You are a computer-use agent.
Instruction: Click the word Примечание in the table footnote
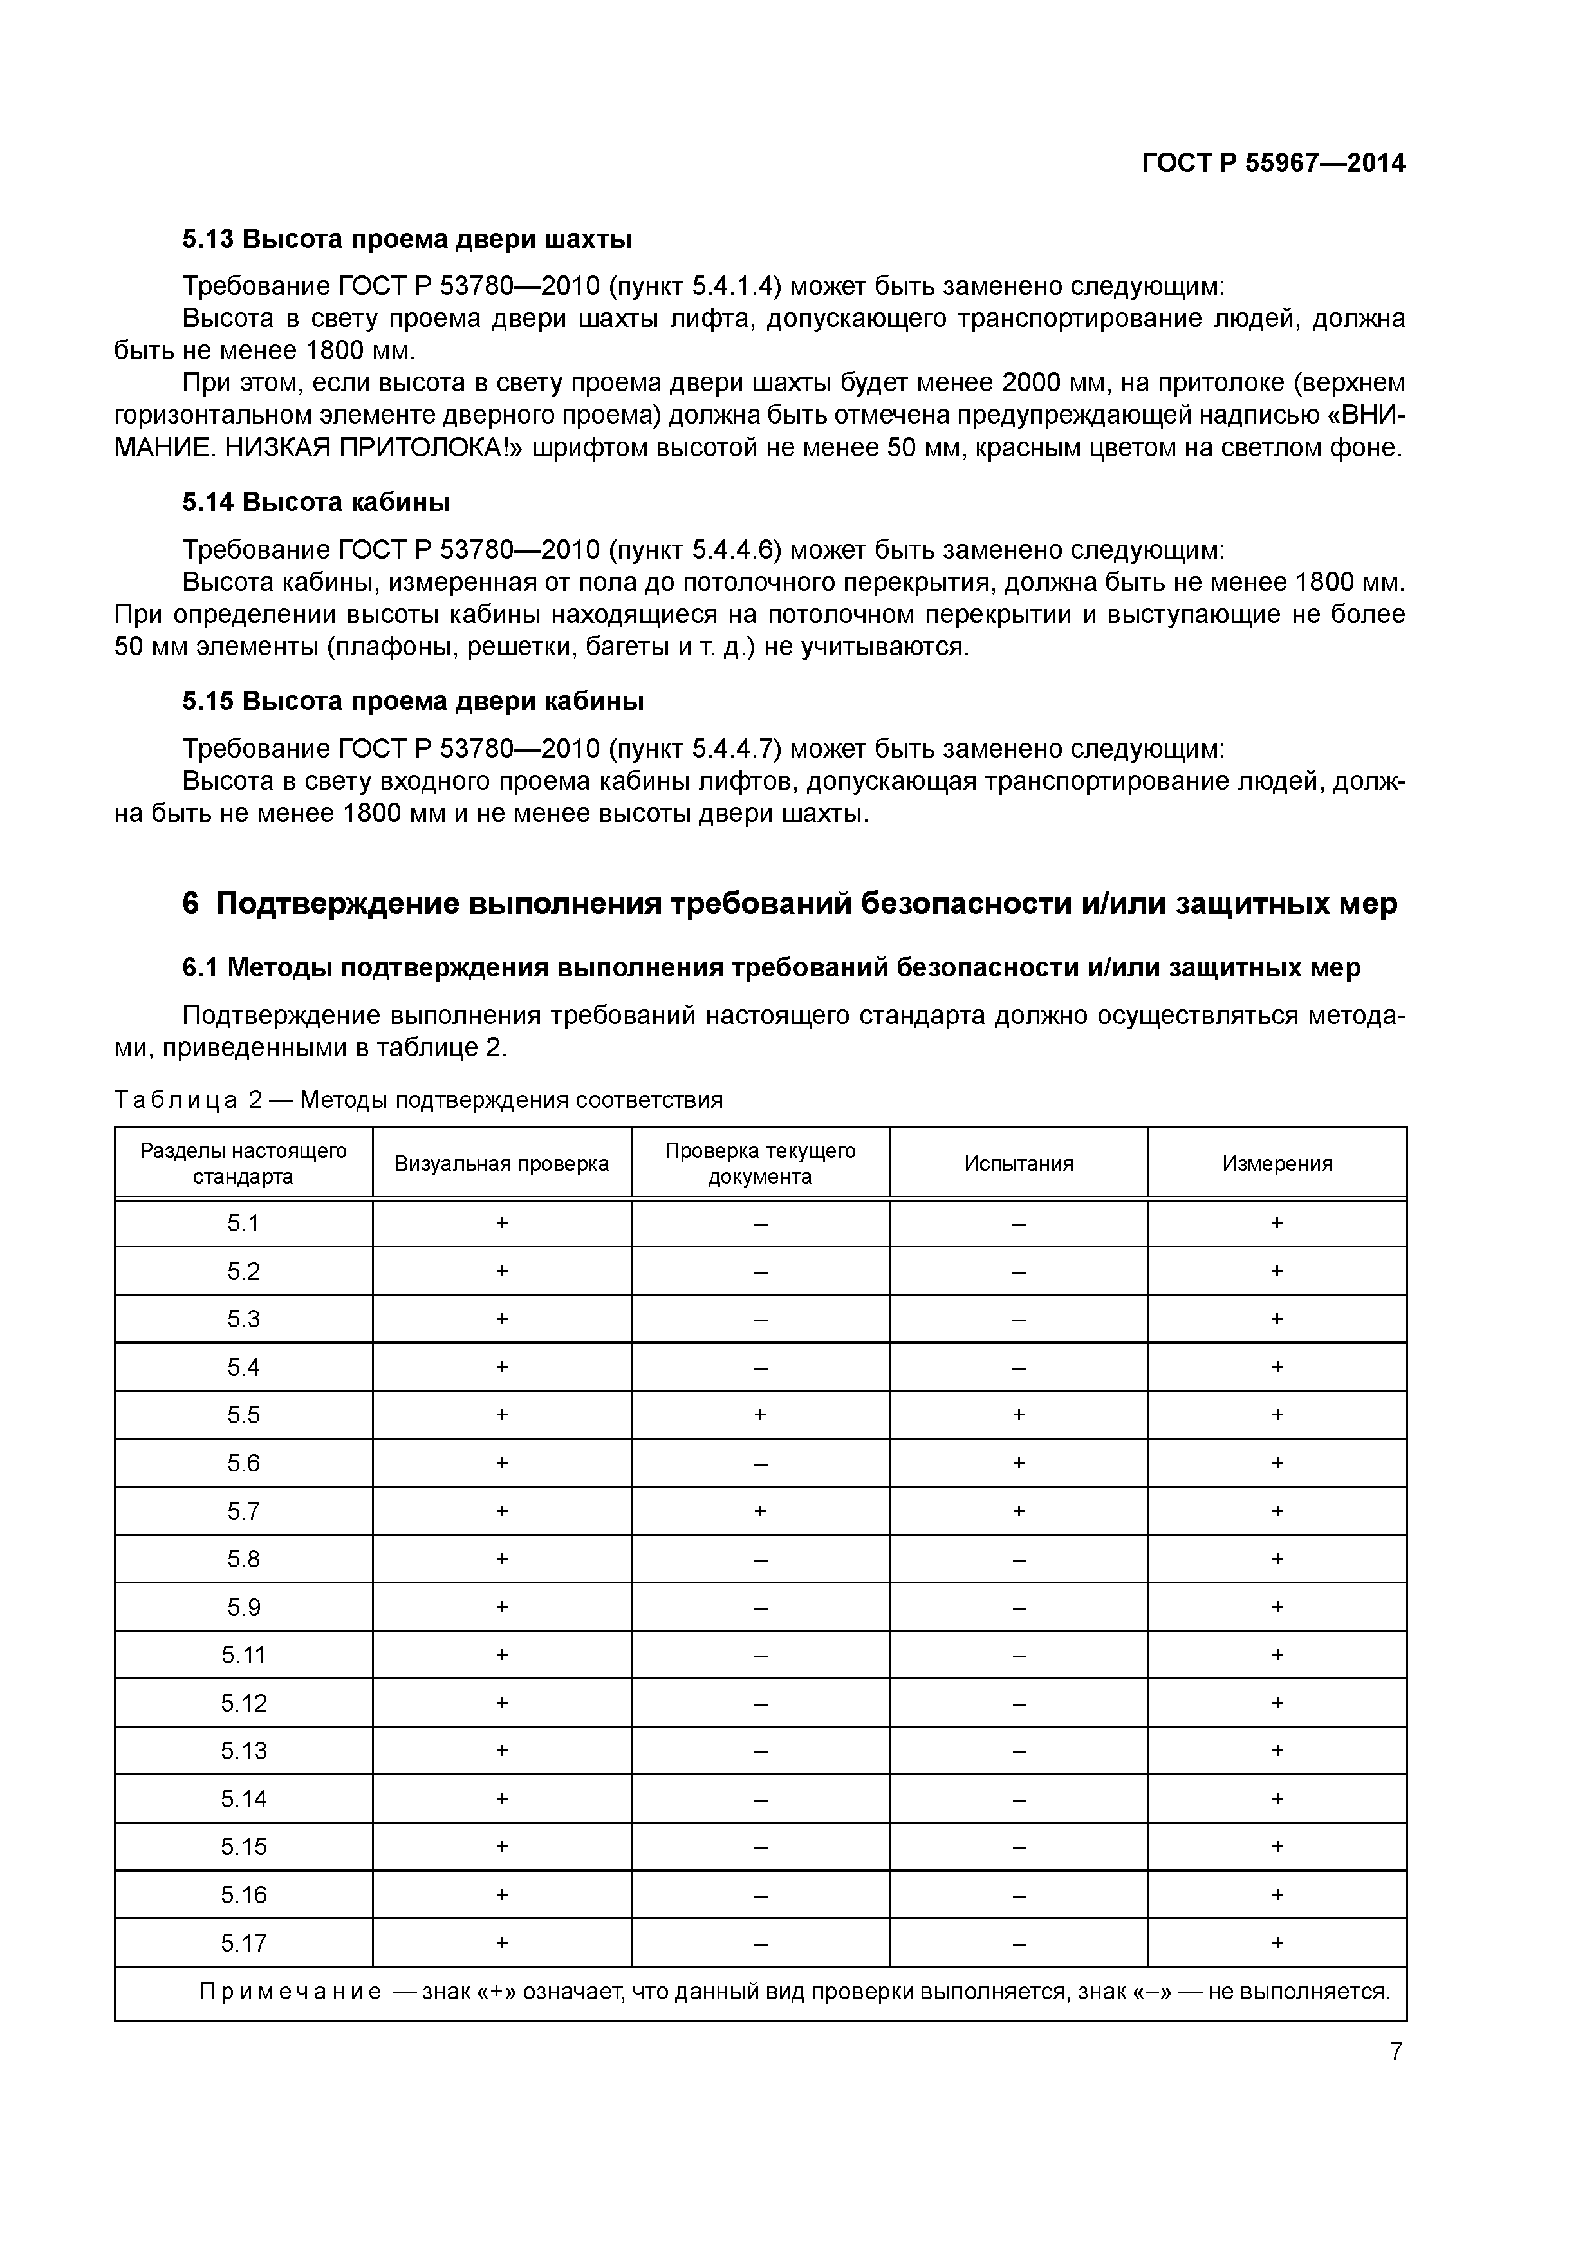pos(290,1992)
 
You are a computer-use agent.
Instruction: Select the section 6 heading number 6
pos(190,903)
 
